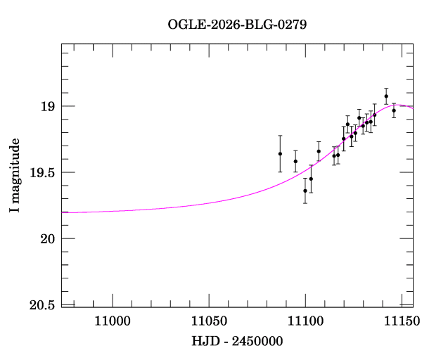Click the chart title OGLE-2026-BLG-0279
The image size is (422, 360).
click(x=237, y=24)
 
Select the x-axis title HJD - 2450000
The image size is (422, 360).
click(x=237, y=341)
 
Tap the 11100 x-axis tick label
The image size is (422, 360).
click(x=305, y=323)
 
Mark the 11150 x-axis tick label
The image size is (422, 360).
click(x=402, y=323)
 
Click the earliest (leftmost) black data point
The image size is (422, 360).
click(x=280, y=153)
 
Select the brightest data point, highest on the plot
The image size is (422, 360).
click(x=386, y=96)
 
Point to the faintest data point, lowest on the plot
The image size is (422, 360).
click(x=305, y=191)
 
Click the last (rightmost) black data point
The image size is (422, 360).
click(x=394, y=110)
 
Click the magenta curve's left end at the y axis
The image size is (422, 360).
click(x=63, y=212)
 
